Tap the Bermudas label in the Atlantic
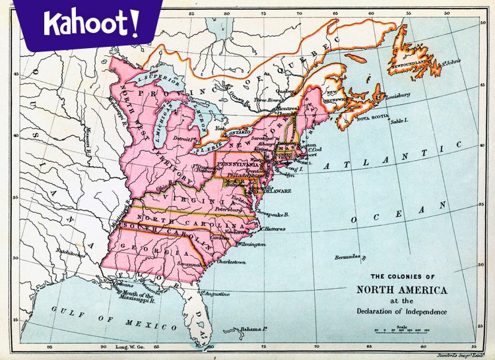(x=348, y=256)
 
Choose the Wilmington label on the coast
(x=252, y=244)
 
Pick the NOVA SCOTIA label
(x=373, y=119)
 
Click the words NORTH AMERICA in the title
(x=401, y=289)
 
